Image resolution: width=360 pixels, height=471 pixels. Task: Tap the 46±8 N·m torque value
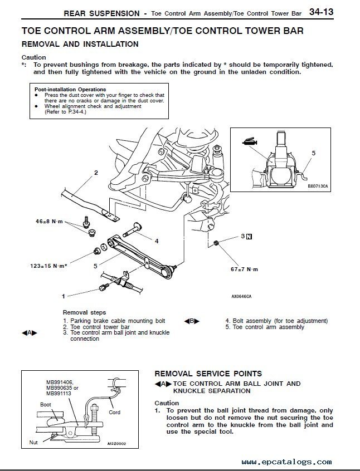point(47,221)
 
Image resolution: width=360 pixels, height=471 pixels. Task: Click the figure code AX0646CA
point(241,297)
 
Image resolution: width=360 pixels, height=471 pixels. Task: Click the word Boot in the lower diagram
point(46,404)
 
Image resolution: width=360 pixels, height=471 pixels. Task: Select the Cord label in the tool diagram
point(115,413)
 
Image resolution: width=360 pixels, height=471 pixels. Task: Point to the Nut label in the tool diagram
point(33,443)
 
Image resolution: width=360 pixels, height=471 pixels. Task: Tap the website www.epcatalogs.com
point(287,462)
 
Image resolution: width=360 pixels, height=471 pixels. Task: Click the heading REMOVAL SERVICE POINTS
point(208,374)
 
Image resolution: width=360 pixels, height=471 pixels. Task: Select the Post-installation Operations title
point(70,89)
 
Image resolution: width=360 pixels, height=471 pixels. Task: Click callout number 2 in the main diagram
point(96,173)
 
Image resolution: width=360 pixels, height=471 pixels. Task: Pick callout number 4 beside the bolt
point(157,241)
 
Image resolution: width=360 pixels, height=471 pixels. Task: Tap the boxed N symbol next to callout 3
point(249,237)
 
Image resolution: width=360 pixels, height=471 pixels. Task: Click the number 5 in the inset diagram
point(314,153)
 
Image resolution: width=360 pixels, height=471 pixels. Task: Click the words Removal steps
point(84,312)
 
